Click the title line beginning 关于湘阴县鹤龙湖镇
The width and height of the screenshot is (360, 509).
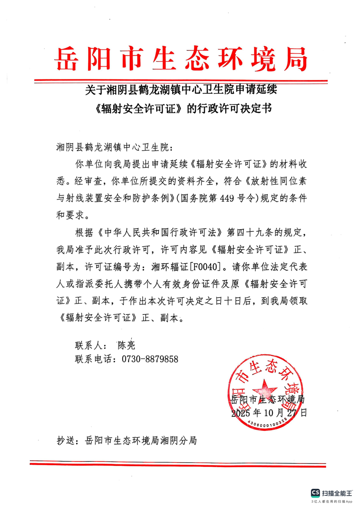coord(180,89)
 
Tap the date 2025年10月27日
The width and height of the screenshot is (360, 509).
coord(269,414)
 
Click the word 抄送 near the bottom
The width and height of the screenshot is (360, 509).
coord(65,440)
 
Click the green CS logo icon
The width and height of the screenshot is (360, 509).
coord(315,493)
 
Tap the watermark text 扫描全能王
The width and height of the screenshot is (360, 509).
coord(337,493)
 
